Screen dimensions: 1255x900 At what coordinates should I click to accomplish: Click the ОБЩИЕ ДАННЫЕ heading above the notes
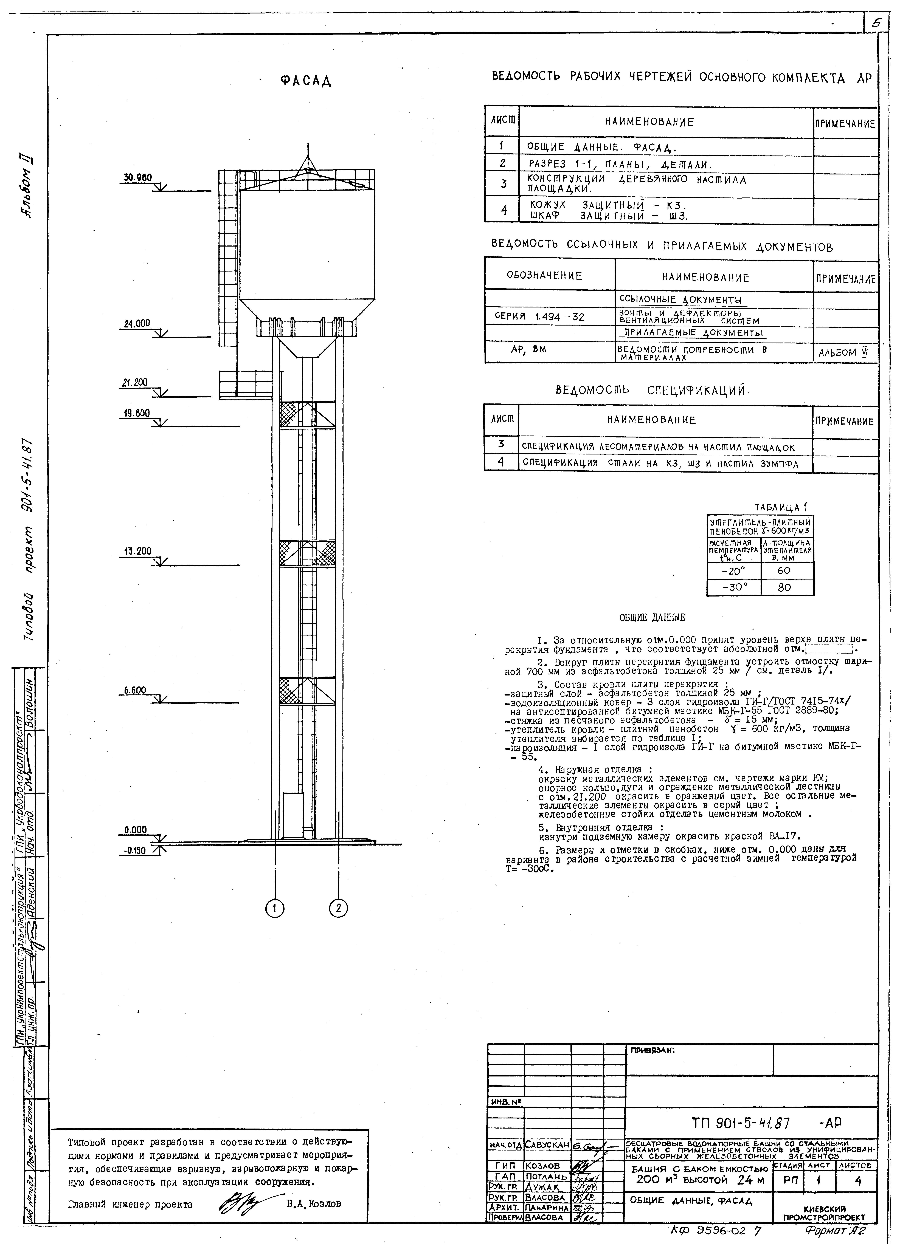pyautogui.click(x=652, y=618)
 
